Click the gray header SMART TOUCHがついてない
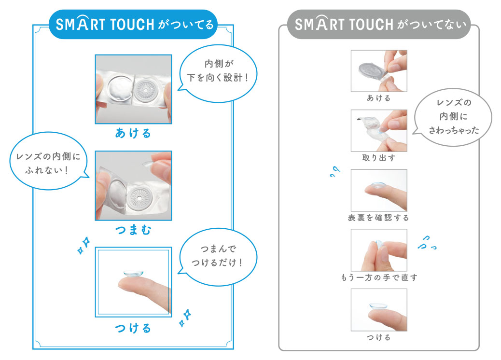379,24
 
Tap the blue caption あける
133,133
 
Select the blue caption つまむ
133,229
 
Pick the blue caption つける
133,328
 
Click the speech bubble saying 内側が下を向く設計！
218,73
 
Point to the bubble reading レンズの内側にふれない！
49,161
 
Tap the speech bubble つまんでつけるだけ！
218,257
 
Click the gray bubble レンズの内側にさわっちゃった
453,117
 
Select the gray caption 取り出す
379,158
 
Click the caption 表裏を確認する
379,218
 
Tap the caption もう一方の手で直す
379,277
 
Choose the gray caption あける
379,98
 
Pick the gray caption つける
379,337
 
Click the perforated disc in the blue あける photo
145,90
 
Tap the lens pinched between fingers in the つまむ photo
148,164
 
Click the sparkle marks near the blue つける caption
185,318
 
